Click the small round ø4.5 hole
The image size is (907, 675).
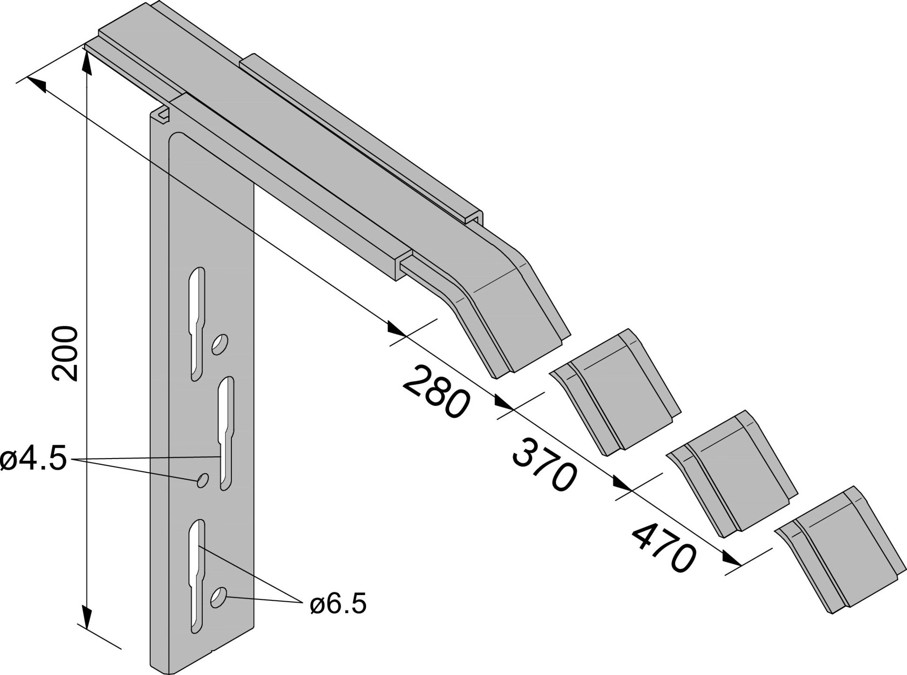(x=203, y=480)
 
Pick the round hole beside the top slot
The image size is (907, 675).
(x=219, y=345)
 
